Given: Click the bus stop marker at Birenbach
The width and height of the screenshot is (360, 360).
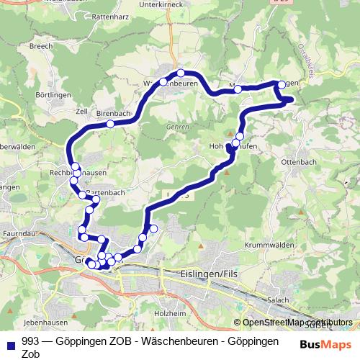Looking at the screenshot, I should click(x=110, y=124).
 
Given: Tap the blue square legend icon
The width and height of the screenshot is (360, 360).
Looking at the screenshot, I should click(x=9, y=341).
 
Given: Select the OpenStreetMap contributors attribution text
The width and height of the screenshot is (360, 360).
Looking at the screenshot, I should click(x=297, y=323).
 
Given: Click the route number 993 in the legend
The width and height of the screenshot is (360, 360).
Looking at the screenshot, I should click(x=31, y=341).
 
